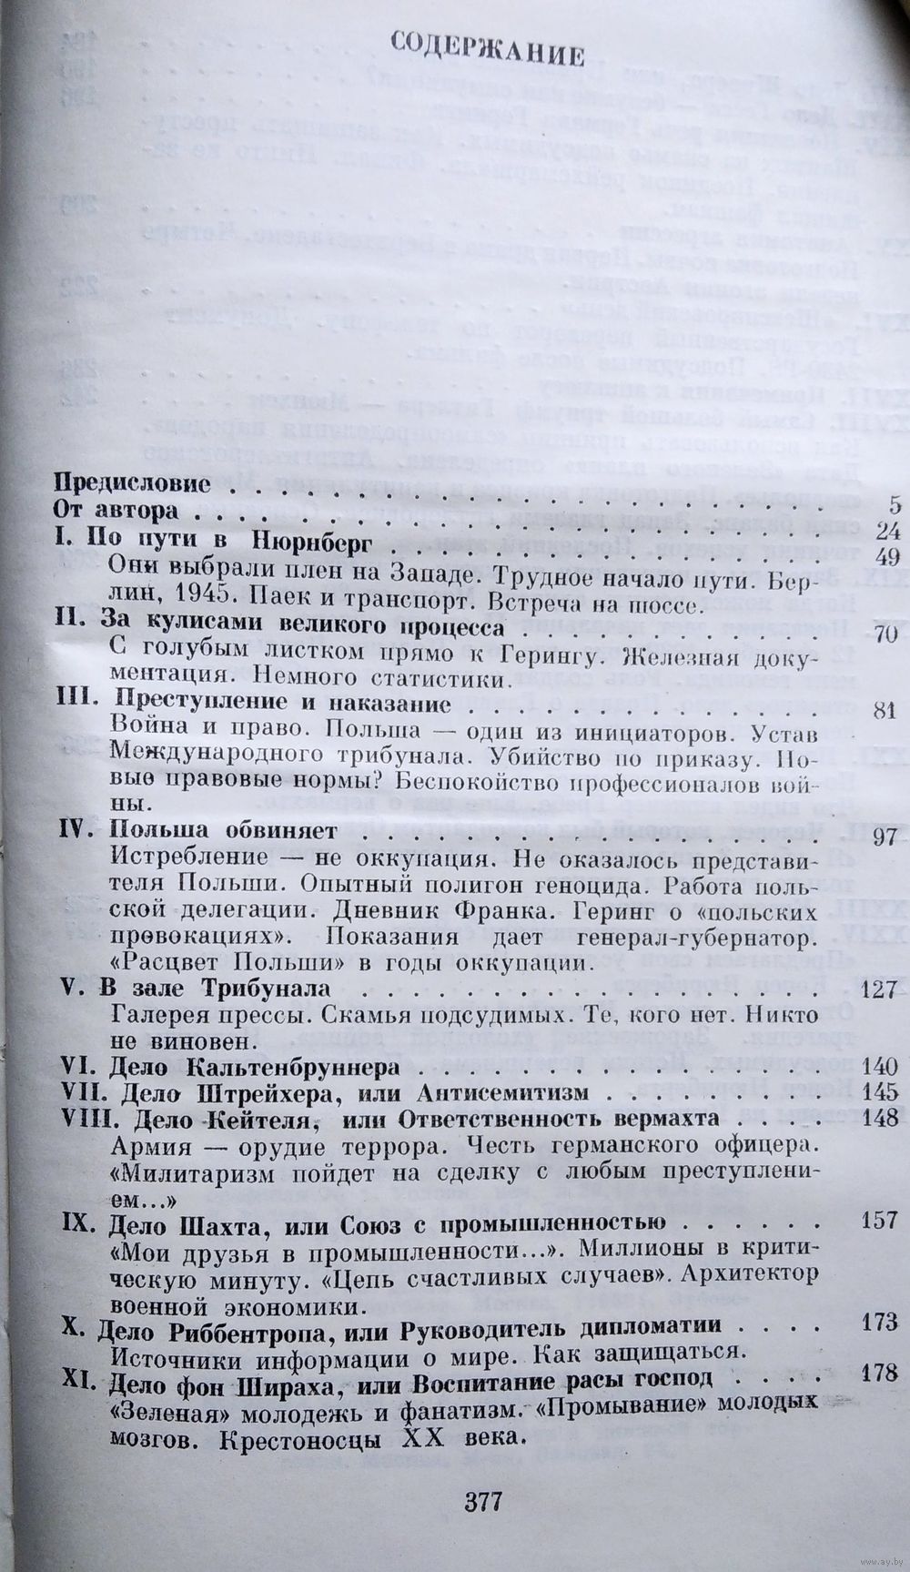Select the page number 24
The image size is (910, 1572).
[880, 531]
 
